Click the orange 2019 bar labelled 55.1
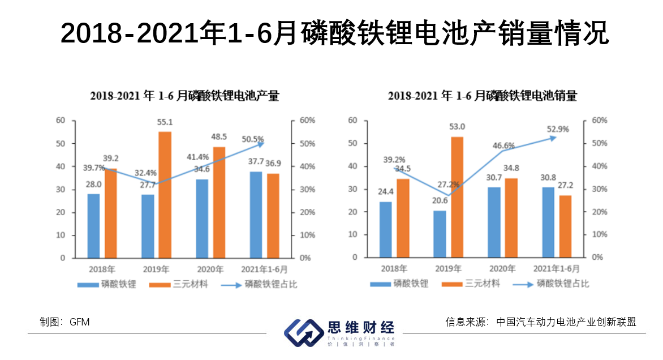pos(165,195)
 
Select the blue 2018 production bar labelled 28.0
pos(93,226)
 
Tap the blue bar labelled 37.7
pos(256,215)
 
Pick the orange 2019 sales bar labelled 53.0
pos(457,197)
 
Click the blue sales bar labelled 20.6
pos(440,234)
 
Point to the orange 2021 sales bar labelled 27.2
pos(565,226)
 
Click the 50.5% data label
pos(253,139)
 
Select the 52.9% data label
pos(558,128)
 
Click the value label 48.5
pos(218,136)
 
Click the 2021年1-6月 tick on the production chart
pos(264,269)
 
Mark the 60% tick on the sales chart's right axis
pos(599,120)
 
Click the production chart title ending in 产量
pos(184,96)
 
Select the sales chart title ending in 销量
pos(482,96)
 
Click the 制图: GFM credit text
pos(64,322)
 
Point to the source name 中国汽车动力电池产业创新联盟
pos(566,322)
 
